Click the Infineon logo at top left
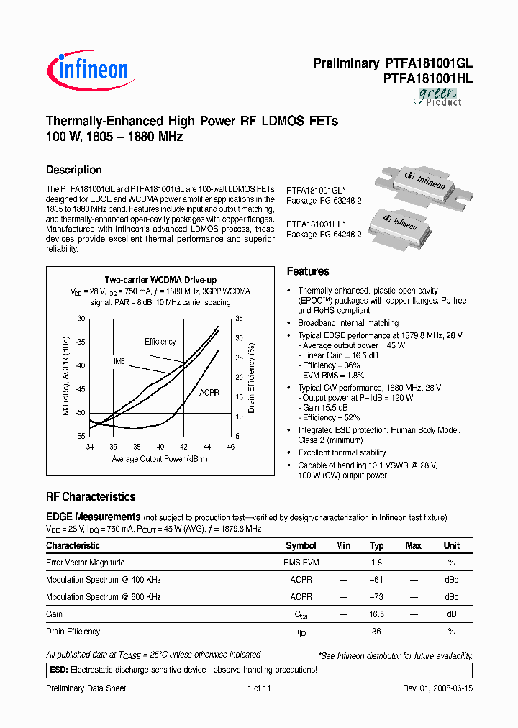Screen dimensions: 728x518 (88, 70)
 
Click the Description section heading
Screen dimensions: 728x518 (73, 170)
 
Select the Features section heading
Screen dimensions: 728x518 (308, 271)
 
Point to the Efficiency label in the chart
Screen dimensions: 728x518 (160, 341)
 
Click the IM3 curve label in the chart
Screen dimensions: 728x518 (119, 360)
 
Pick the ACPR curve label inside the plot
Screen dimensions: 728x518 (210, 393)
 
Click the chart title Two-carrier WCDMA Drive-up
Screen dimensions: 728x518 (160, 280)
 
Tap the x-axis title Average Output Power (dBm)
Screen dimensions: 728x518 (160, 458)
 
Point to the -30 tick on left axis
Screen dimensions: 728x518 (80, 318)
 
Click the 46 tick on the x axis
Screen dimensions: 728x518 (230, 447)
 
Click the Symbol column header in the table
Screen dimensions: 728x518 (301, 546)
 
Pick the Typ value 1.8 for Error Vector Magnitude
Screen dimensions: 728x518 (376, 563)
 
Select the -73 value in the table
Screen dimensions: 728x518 (376, 597)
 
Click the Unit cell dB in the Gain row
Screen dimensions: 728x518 (451, 614)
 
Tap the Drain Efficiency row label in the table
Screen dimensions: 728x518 (73, 632)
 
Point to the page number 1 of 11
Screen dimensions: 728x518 (258, 688)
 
